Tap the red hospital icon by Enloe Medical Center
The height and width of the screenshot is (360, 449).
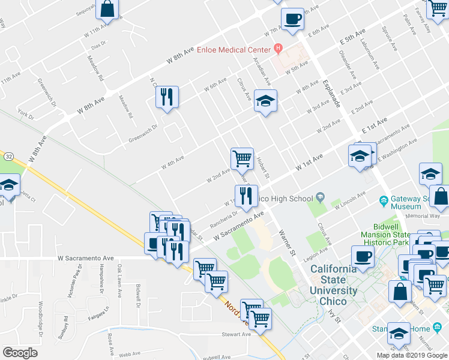pyautogui.click(x=277, y=47)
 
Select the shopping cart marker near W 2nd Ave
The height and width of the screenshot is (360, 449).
pyautogui.click(x=242, y=158)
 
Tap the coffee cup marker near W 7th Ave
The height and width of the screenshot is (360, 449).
pyautogui.click(x=292, y=19)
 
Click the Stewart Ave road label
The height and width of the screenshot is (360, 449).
pyautogui.click(x=235, y=334)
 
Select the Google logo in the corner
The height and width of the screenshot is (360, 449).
pyautogui.click(x=20, y=353)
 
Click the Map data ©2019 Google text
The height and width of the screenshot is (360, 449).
pyautogui.click(x=412, y=355)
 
